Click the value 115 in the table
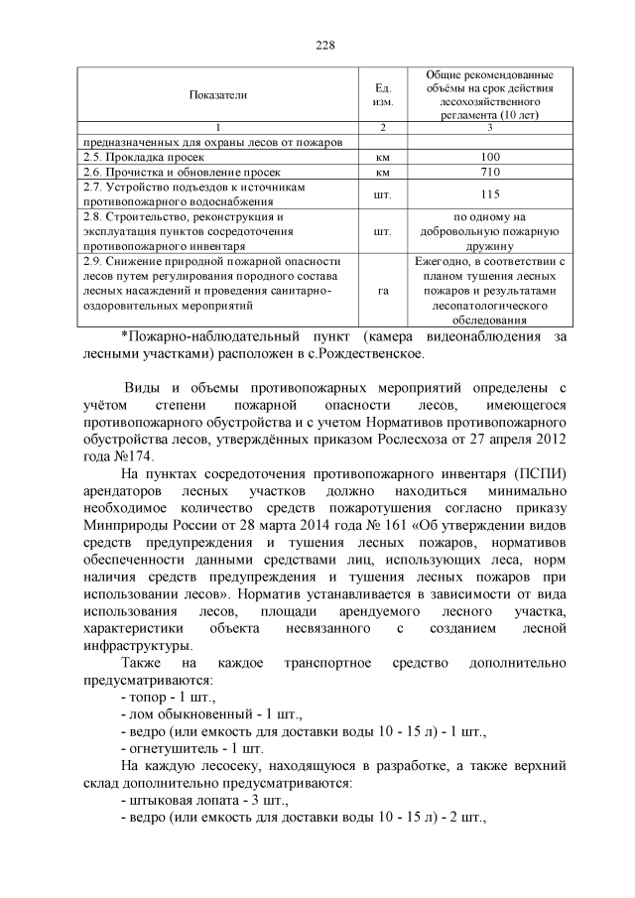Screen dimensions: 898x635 click(489, 194)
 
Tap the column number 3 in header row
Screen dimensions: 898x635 click(489, 129)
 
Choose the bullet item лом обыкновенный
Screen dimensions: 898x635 click(185, 715)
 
